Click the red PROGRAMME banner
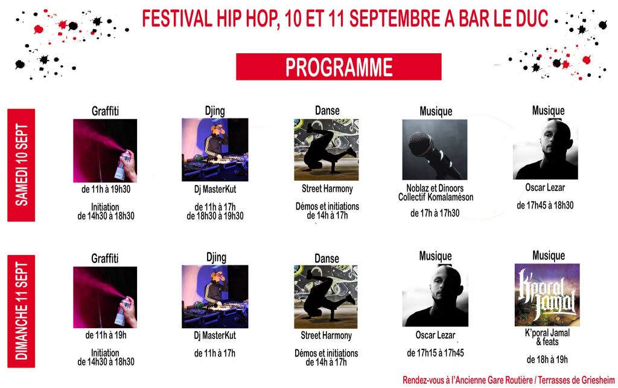coord(339,66)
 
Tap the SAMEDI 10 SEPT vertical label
coord(22,165)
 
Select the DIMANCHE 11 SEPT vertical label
coord(22,311)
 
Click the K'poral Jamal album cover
coord(547,294)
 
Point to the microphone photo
coord(435,149)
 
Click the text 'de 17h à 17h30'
coord(435,213)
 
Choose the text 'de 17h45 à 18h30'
coord(545,205)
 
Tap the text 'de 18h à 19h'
coord(547,360)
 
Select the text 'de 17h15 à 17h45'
coord(435,353)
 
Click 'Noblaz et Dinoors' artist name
coord(435,189)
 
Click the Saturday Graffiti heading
coord(106,111)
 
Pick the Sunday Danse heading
coord(327,258)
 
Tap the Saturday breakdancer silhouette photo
coord(326,149)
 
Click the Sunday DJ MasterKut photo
coord(215,296)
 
